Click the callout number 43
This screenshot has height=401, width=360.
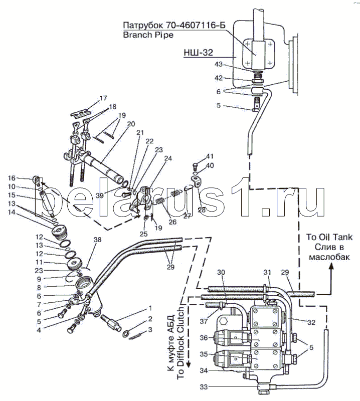[219, 65]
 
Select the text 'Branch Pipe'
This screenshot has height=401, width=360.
[148, 35]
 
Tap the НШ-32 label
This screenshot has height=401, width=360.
[198, 53]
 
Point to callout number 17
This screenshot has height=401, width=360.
[103, 98]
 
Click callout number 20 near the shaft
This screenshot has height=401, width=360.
[131, 124]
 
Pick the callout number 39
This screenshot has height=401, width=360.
[99, 195]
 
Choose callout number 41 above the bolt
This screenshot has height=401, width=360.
[210, 156]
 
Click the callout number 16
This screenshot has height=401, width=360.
[12, 178]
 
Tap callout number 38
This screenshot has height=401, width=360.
[97, 240]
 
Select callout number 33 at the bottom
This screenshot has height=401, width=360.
[204, 387]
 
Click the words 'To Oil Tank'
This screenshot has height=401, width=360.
[329, 237]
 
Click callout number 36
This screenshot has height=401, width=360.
[204, 338]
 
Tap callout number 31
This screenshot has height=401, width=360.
[267, 272]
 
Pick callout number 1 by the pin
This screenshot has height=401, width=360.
[150, 308]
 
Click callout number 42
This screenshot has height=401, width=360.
[219, 78]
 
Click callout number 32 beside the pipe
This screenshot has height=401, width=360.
[311, 323]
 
